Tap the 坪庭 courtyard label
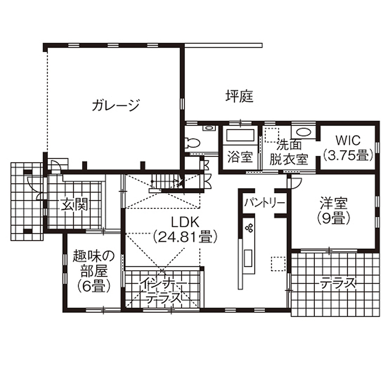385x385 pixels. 239,97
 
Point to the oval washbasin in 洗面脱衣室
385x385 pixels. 302,132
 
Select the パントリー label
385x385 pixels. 264,203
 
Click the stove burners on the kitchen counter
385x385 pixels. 250,227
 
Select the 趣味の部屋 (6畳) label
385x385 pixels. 93,271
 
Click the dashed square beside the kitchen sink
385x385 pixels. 278,264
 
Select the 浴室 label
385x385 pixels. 240,157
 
